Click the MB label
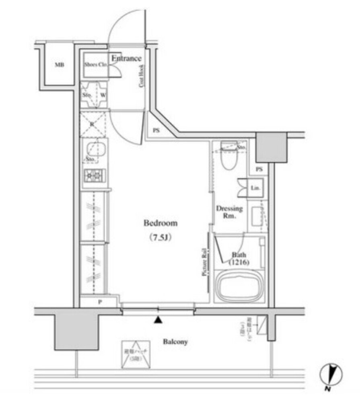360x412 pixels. click(59, 65)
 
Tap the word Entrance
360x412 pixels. click(126, 58)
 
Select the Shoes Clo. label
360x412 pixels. click(95, 64)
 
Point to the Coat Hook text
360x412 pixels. click(142, 76)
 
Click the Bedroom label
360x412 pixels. click(160, 223)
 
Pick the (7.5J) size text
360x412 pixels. click(160, 237)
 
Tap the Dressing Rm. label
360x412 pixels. click(229, 212)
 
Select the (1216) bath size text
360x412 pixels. click(239, 263)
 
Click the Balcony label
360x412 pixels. click(175, 342)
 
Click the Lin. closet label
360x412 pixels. click(255, 188)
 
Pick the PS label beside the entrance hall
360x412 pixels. click(156, 130)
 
